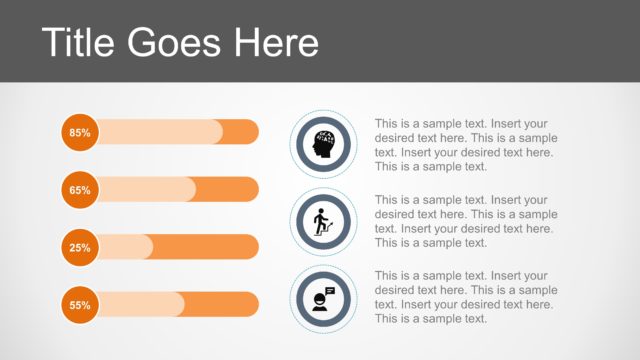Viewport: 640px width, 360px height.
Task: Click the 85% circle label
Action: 80,132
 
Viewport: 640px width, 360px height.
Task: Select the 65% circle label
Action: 80,189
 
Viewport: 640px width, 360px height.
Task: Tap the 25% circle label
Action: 80,247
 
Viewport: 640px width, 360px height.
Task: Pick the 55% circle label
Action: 80,304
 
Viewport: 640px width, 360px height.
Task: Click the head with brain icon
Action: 323,146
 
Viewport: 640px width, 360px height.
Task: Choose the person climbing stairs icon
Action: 322,222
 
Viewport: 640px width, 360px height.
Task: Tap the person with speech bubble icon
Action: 322,298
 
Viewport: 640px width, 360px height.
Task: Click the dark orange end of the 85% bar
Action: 240,132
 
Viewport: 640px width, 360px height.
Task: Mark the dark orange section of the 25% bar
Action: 205,247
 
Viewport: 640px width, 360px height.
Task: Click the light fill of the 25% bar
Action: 125,247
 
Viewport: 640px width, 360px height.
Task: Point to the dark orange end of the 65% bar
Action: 227,189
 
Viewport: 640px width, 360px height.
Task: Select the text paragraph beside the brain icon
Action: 466,146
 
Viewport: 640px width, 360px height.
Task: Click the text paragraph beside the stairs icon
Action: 466,221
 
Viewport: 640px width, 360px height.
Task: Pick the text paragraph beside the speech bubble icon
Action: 466,297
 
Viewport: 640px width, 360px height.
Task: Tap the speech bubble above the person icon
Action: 330,291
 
